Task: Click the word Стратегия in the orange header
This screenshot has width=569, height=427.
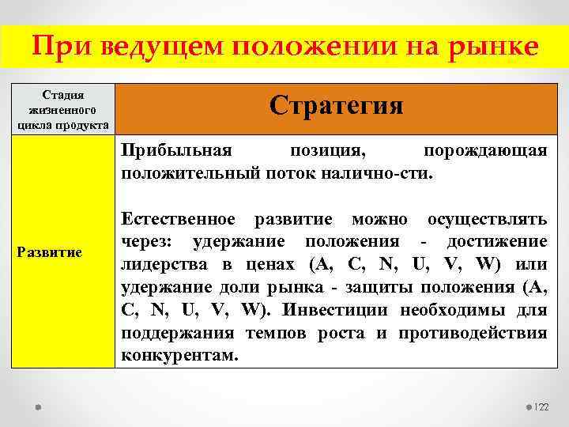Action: (x=336, y=106)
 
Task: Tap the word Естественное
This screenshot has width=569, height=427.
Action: (x=178, y=218)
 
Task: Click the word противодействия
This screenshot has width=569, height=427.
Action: (x=473, y=333)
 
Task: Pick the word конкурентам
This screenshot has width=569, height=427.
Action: (x=179, y=356)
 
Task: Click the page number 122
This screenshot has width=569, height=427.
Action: (x=542, y=406)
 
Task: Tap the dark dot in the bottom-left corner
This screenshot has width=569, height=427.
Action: (x=37, y=406)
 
